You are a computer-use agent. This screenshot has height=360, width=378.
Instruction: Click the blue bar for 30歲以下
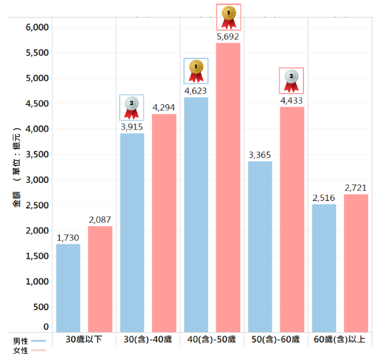[x=68, y=288]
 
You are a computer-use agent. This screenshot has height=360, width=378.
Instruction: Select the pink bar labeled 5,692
[x=228, y=188]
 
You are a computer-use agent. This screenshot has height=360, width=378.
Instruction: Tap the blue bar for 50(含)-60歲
[x=260, y=247]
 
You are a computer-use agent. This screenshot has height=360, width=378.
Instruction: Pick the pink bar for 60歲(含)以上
[x=356, y=263]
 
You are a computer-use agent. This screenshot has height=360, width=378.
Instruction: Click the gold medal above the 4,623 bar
[x=196, y=71]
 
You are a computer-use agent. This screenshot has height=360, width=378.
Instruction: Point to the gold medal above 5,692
[x=228, y=17]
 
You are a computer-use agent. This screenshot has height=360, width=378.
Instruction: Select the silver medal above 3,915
[x=132, y=108]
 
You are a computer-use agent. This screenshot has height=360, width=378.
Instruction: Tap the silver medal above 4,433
[x=292, y=80]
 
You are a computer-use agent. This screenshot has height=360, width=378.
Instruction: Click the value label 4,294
[x=163, y=107]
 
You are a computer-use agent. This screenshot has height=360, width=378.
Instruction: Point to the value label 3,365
[x=259, y=155]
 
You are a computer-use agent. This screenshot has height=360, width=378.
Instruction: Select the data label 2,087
[x=100, y=220]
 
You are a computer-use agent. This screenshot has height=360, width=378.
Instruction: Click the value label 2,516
[x=324, y=198]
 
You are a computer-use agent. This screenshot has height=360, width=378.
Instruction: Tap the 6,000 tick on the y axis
[x=37, y=27]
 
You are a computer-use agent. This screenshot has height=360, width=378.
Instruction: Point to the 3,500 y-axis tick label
[x=37, y=154]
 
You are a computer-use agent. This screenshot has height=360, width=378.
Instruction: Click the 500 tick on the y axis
[x=41, y=307]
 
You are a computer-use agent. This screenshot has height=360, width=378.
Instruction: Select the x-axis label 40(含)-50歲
[x=212, y=339]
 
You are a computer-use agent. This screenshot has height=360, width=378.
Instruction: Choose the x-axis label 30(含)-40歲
[x=148, y=339]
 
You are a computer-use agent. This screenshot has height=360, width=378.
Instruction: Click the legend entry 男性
[x=29, y=341]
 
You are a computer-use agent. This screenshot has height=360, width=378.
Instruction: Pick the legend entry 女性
[x=29, y=350]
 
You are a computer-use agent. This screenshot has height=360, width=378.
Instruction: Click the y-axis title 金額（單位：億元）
[x=17, y=167]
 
